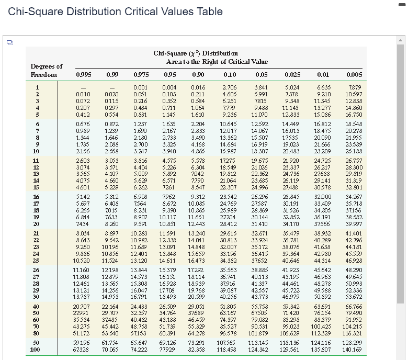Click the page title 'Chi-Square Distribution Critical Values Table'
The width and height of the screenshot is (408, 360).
116,12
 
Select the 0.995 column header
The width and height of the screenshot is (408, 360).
83,75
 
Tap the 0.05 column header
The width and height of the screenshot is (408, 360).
259,75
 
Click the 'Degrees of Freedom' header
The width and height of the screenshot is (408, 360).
46,71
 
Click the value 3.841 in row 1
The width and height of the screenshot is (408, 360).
260,87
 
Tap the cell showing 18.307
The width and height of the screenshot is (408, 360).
260,151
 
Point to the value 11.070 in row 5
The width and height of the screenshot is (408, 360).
260,115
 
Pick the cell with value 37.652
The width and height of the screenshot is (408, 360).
260,261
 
